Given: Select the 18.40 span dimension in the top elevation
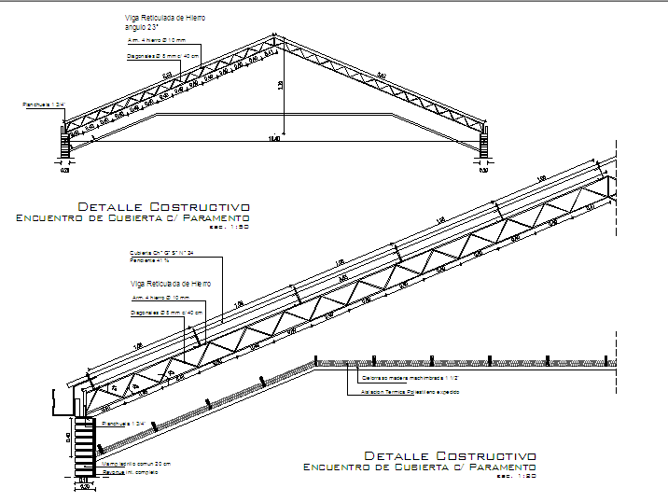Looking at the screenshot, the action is coord(273,139).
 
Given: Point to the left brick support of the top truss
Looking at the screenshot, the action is coord(63,145).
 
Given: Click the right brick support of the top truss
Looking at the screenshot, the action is coord(484,144).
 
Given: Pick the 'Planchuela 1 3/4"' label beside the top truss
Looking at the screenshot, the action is coord(43,105).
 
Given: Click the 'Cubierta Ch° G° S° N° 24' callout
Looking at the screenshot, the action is coord(161,253).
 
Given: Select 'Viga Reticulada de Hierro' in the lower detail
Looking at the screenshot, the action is coord(170,283).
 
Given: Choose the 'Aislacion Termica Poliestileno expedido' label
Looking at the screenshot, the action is coord(410,392).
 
